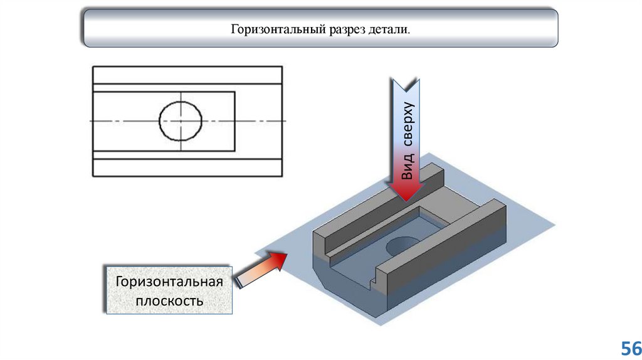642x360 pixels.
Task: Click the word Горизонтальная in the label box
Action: click(169, 281)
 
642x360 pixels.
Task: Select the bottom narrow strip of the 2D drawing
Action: click(187, 167)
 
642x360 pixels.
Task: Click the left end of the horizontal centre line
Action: click(91, 120)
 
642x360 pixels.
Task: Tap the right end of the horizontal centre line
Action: click(285, 120)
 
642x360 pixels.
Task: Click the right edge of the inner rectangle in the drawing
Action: click(235, 120)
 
